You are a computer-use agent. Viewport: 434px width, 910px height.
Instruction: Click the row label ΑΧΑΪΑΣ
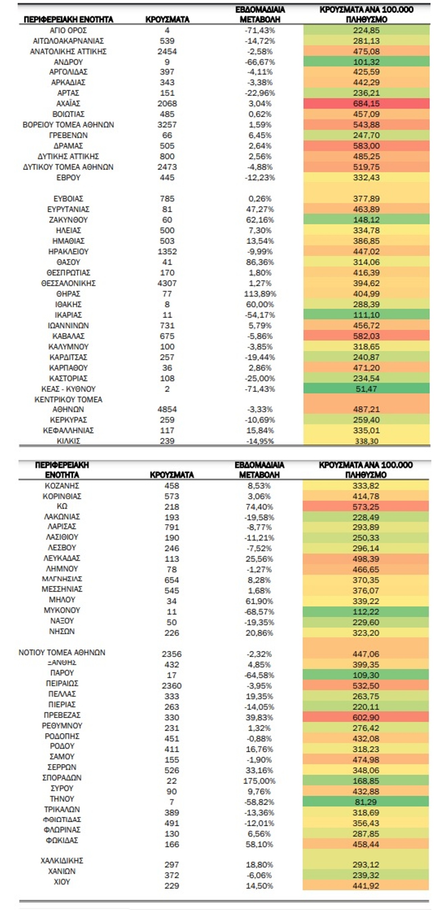pos(68,104)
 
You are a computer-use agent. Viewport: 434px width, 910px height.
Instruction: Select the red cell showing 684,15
pos(366,104)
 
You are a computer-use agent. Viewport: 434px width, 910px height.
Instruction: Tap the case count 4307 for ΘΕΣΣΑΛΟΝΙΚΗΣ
pos(167,283)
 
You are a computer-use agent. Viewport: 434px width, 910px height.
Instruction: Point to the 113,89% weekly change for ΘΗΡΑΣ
pos(260,294)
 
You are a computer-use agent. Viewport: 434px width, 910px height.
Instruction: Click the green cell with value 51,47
pos(366,389)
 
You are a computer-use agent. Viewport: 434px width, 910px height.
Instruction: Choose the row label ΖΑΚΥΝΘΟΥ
pos(68,220)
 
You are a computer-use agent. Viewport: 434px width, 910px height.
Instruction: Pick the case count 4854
pos(167,409)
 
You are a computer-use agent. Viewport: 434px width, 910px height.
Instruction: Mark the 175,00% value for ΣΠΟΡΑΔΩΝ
pos(259,781)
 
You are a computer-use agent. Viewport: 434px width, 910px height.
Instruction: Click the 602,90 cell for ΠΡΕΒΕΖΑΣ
pos(366,718)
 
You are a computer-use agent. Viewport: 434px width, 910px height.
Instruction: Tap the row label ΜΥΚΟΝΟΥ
pos(62,610)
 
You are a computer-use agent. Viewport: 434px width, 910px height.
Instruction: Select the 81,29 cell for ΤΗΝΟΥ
pos(366,802)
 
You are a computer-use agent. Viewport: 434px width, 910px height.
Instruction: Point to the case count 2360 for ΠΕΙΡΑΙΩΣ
pos(172,686)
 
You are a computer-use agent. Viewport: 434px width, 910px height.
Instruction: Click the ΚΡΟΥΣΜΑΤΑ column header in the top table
pos(167,19)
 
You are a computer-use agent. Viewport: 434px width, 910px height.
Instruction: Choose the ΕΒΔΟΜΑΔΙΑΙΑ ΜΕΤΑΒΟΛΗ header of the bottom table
pos(259,470)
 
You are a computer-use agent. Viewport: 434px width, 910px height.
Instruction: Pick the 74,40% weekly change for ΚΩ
pos(259,507)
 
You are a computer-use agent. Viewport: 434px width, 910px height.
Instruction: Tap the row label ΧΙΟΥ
pos(62,882)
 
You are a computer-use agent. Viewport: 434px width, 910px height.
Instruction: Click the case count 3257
pos(167,125)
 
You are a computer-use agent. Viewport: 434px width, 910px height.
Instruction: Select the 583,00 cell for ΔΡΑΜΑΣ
pos(366,146)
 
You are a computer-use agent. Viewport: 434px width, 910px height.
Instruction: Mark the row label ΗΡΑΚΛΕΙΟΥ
pos(68,251)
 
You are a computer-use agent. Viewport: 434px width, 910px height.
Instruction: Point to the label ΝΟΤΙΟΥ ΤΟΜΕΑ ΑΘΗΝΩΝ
pos(62,653)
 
